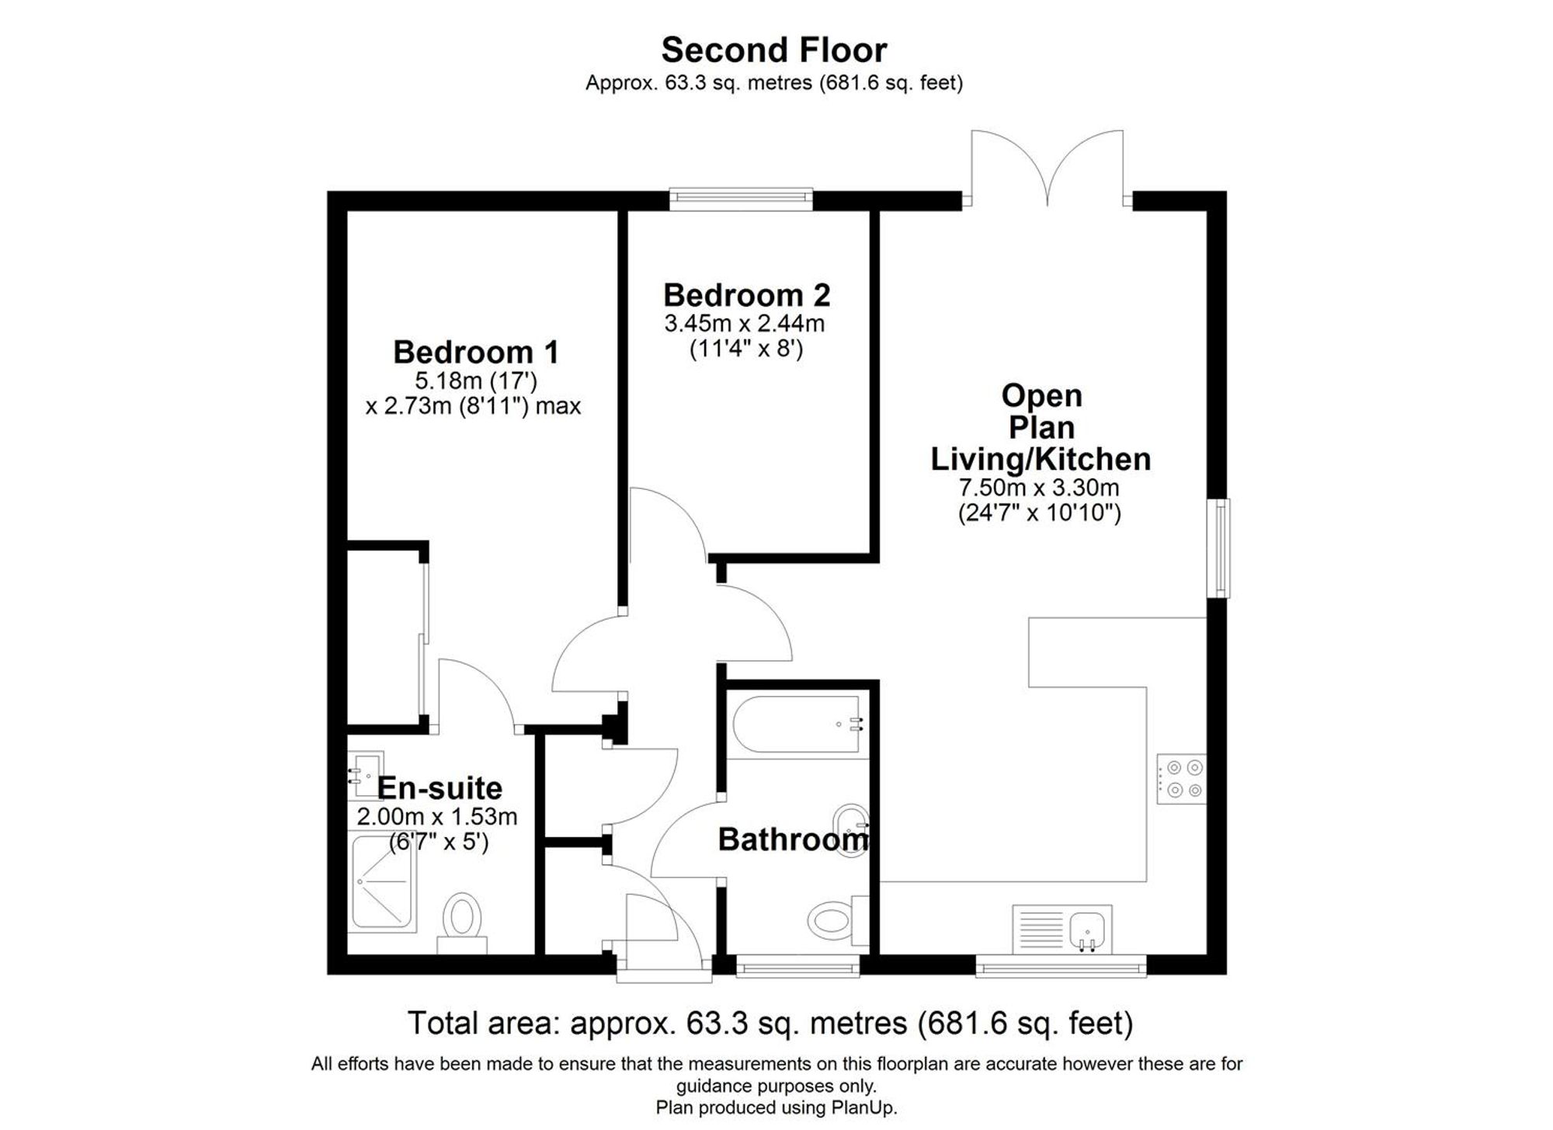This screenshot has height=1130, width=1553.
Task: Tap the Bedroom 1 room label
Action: [475, 353]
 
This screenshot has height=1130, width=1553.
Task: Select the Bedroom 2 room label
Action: [746, 296]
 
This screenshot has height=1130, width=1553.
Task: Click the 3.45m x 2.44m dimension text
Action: [744, 324]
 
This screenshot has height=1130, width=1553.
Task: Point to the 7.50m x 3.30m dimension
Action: [1039, 489]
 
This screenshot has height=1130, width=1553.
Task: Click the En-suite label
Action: [439, 788]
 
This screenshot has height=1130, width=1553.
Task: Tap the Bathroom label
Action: [793, 840]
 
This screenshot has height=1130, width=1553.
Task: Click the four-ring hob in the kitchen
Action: [1181, 779]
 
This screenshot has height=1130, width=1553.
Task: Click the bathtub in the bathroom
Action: [796, 725]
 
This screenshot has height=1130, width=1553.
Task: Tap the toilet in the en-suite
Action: [464, 916]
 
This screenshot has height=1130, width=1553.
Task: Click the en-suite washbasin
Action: [365, 774]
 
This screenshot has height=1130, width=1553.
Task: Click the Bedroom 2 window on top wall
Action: [741, 200]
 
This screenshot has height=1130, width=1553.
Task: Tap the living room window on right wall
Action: [1221, 548]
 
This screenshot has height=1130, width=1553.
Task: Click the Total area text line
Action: [770, 1024]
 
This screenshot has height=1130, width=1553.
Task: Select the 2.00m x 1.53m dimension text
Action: [436, 817]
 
